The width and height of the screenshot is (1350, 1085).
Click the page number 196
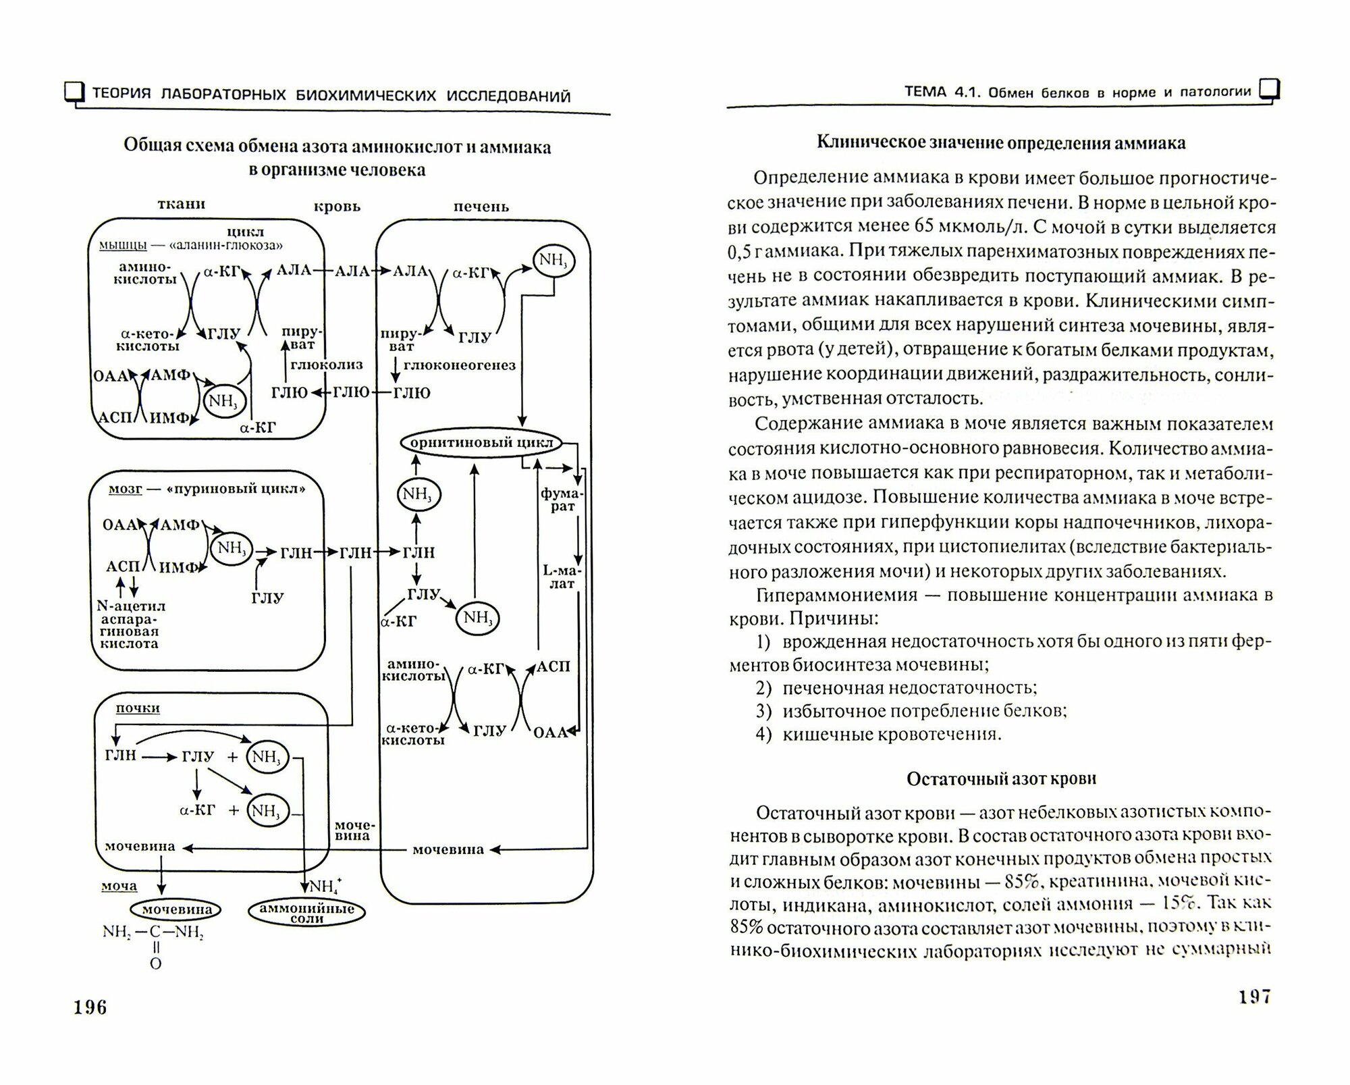click(x=90, y=1007)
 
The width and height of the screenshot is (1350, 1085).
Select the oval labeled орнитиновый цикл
click(x=481, y=443)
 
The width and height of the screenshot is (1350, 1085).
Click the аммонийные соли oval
click(x=307, y=913)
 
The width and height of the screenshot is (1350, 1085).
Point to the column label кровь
click(x=337, y=207)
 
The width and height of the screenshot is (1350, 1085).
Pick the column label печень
click(x=481, y=207)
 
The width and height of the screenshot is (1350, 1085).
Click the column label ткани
click(x=181, y=204)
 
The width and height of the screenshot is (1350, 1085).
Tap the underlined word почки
click(x=138, y=708)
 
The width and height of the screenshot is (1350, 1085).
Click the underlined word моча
click(x=119, y=886)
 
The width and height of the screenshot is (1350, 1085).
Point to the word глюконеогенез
click(x=459, y=365)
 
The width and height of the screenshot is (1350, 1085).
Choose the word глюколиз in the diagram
click(x=327, y=365)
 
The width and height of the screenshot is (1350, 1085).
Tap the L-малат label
click(x=562, y=577)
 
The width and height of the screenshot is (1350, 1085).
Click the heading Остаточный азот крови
click(x=1001, y=778)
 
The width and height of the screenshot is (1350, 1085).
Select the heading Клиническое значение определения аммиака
click(x=1001, y=143)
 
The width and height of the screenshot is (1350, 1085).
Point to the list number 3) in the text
click(x=763, y=711)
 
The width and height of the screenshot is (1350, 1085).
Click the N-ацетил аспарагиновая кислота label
click(x=131, y=625)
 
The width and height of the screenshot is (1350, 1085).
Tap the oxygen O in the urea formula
click(x=155, y=963)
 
